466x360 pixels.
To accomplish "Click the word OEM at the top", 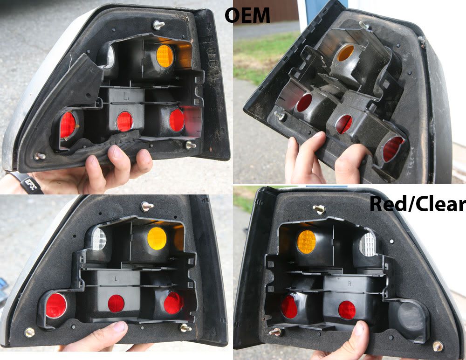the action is [x=247, y=16].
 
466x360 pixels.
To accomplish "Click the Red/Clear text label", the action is [x=417, y=204].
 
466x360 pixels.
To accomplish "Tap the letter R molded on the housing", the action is [x=350, y=284].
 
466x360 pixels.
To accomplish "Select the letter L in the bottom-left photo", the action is [x=116, y=279].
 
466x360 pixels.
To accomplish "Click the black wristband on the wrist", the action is [x=28, y=182].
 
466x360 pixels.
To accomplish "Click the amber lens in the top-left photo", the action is [x=164, y=56].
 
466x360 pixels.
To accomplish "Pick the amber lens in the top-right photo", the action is [x=346, y=53].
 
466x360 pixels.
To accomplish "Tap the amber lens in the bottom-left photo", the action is [x=157, y=238].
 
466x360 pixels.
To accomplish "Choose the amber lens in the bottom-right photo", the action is [x=307, y=242].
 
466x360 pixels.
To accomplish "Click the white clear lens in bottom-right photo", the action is [x=368, y=244].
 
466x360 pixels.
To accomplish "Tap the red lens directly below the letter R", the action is [x=347, y=310].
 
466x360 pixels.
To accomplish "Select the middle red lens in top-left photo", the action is [x=124, y=121].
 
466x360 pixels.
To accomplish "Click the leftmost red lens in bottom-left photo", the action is [x=56, y=305].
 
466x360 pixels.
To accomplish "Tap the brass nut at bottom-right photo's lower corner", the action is [x=438, y=346].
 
